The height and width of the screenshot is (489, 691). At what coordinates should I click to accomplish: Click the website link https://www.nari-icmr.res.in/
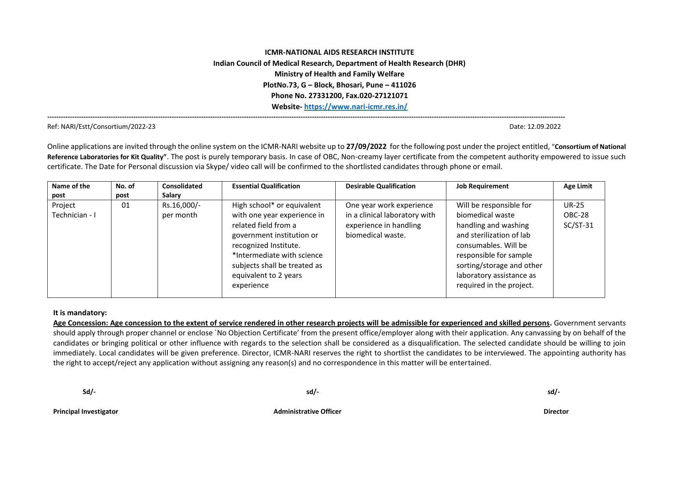pyautogui.click(x=355, y=106)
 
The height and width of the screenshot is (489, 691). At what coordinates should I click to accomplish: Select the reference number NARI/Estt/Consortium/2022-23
pyautogui.click(x=108, y=126)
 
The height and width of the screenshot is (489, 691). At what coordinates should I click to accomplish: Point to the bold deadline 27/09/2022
pyautogui.click(x=366, y=147)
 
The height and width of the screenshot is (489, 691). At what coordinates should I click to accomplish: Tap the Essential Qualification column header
pyautogui.click(x=266, y=186)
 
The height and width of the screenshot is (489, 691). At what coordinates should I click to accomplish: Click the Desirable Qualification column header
pyautogui.click(x=380, y=186)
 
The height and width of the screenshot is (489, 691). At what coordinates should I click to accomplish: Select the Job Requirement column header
pyautogui.click(x=482, y=186)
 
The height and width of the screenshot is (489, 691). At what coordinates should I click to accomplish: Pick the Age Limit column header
pyautogui.click(x=578, y=186)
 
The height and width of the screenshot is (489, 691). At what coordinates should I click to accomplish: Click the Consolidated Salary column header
pyautogui.click(x=182, y=190)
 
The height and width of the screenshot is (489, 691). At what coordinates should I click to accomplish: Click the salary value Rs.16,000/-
pyautogui.click(x=181, y=205)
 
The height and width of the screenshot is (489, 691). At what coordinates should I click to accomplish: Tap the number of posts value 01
pyautogui.click(x=126, y=205)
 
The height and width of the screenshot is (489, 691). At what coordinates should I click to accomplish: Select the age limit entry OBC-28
pyautogui.click(x=576, y=215)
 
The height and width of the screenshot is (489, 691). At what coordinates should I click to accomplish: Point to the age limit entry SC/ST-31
pyautogui.click(x=578, y=225)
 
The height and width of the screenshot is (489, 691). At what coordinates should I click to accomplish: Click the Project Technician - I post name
pyautogui.click(x=74, y=210)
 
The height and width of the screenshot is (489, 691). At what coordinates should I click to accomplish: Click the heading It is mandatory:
pyautogui.click(x=80, y=313)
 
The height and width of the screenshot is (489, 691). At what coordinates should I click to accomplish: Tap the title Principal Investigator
pyautogui.click(x=85, y=411)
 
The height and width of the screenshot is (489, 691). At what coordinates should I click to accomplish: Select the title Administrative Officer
pyautogui.click(x=307, y=411)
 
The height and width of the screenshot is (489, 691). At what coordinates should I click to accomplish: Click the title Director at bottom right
pyautogui.click(x=556, y=411)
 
